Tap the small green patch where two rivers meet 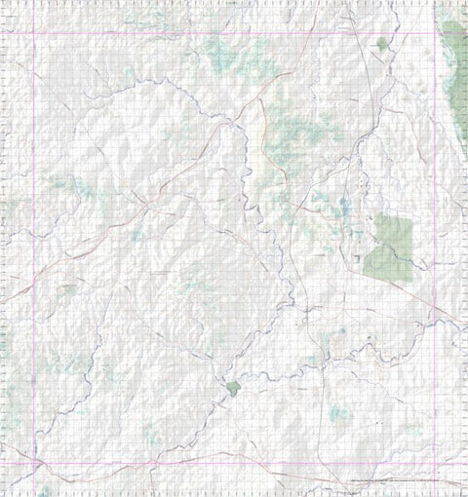(233, 388)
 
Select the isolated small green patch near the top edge (381, 43)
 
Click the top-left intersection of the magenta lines (35, 33)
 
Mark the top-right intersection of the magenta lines (432, 33)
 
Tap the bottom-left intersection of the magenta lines (35, 462)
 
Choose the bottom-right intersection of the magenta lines (432, 462)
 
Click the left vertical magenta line (35, 244)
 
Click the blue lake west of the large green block (344, 206)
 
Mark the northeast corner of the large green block (411, 216)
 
